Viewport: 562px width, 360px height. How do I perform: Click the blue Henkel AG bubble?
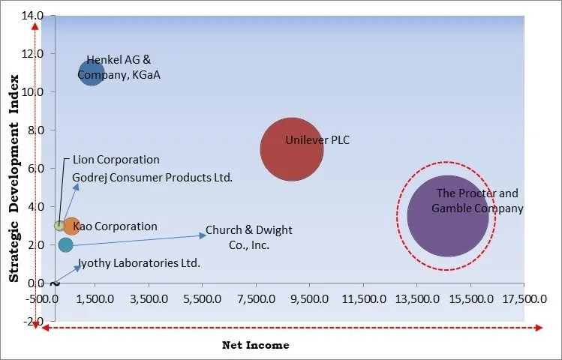coord(91,73)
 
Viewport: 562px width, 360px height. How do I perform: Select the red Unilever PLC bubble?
coord(292,149)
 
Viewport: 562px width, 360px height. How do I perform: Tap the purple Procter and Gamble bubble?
coord(447,215)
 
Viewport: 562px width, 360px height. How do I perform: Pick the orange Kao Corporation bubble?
coord(71,226)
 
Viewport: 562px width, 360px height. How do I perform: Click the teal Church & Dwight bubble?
coord(66,245)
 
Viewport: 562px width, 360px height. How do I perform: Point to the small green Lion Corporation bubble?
coord(60,226)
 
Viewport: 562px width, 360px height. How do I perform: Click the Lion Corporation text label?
coord(116,160)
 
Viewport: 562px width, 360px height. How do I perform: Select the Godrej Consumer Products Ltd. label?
coord(152,178)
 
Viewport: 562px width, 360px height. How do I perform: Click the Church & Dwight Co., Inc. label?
coord(249,238)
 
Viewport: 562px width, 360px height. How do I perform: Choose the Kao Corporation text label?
coord(115,226)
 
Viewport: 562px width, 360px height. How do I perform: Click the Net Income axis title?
coord(255,345)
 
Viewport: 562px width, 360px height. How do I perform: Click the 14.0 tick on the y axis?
coord(32,16)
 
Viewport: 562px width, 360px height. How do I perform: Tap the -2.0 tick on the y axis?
coord(33,322)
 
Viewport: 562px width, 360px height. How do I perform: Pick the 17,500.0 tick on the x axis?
coord(524,298)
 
